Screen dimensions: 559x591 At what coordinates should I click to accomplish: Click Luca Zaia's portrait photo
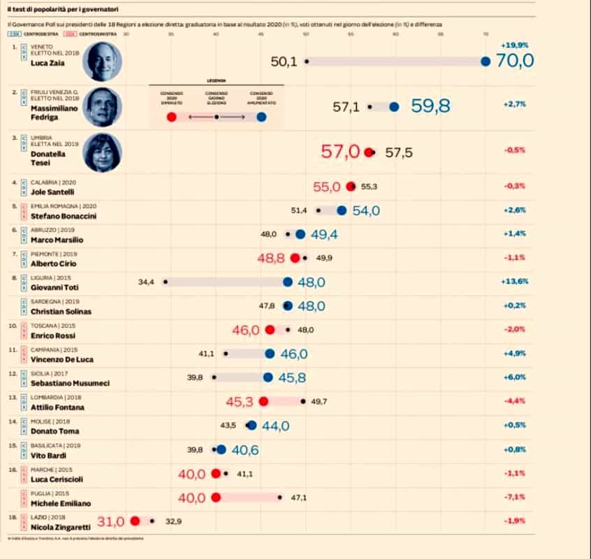(x=102, y=61)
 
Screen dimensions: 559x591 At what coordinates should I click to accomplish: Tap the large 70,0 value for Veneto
(x=514, y=61)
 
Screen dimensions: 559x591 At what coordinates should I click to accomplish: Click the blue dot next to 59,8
(x=394, y=107)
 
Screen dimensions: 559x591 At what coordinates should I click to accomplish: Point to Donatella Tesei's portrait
(x=102, y=152)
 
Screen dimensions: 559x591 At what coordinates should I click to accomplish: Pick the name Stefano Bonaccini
(x=62, y=216)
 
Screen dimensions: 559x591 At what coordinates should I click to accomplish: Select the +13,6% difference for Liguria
(x=513, y=282)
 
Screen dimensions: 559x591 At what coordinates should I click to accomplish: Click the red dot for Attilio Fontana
(x=263, y=401)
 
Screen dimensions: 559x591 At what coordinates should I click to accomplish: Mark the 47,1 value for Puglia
(x=299, y=498)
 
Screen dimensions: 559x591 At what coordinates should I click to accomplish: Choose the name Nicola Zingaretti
(x=61, y=526)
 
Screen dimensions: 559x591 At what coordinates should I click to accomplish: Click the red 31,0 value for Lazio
(x=110, y=521)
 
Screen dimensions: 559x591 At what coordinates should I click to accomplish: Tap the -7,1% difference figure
(x=513, y=498)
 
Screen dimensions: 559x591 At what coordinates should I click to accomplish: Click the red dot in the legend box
(x=172, y=117)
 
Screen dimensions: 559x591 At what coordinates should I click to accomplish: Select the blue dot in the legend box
(x=261, y=117)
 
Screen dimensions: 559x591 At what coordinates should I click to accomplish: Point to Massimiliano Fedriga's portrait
(x=102, y=107)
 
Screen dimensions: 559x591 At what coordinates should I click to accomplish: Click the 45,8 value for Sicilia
(x=293, y=377)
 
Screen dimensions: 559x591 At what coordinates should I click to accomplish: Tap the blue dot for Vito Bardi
(x=221, y=450)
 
